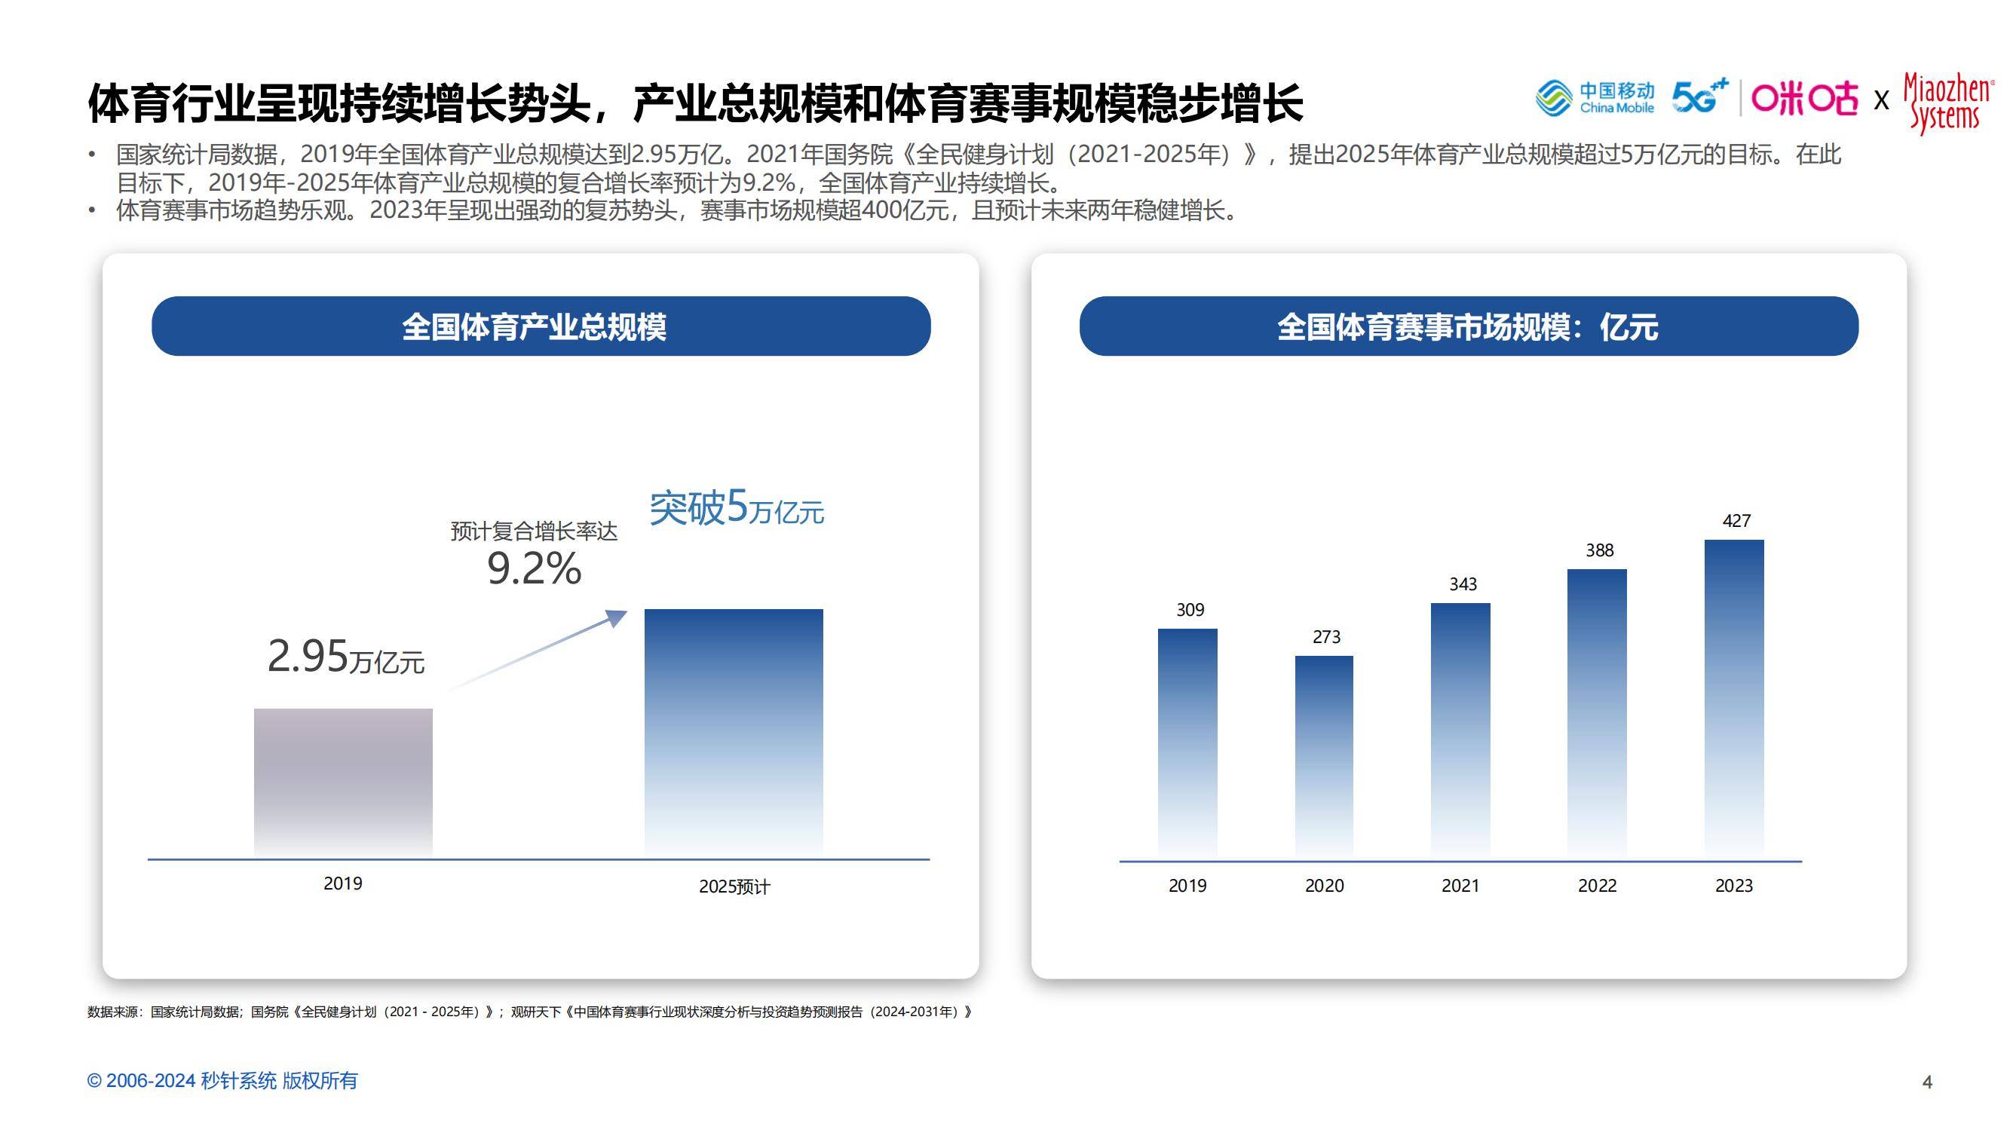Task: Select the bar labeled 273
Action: coord(1324,755)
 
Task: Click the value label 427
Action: coord(1736,520)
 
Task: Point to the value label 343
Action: coord(1462,583)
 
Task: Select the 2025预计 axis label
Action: coord(734,887)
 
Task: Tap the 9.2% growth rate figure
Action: coord(534,568)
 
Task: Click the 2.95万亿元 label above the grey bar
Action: coord(345,657)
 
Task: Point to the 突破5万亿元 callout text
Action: coord(736,508)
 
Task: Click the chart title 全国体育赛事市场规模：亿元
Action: coord(1468,326)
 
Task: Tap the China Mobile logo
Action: coord(1594,98)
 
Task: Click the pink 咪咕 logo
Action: coord(1804,98)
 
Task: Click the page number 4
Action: coord(1926,1082)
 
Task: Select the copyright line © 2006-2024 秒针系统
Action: coord(222,1081)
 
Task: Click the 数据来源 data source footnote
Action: coord(530,1012)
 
